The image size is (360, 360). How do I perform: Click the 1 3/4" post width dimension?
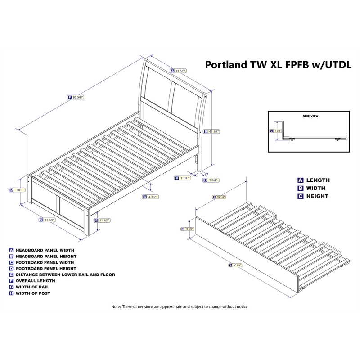click(213, 180)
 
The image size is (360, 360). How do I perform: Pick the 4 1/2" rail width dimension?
click(153, 197)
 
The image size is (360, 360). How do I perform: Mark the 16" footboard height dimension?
click(18, 190)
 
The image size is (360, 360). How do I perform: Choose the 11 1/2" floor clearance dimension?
click(104, 220)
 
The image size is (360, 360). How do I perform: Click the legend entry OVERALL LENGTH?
click(36, 281)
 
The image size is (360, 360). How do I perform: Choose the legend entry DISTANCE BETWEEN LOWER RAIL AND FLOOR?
click(65, 274)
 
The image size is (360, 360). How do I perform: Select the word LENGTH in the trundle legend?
click(318, 180)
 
